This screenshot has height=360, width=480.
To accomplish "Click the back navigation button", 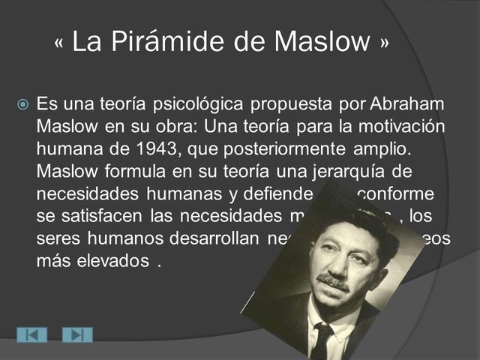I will point(31,334).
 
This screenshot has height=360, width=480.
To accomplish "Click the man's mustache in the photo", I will point(332,283).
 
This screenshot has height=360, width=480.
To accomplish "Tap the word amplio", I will point(384,143).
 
